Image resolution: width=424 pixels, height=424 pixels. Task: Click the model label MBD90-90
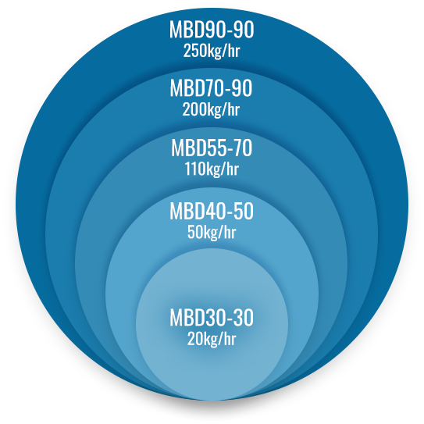point(212,30)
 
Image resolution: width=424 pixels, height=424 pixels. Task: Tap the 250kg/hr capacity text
point(212,51)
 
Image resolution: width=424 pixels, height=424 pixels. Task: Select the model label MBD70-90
point(211,88)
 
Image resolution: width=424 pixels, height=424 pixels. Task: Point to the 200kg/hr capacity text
point(211,110)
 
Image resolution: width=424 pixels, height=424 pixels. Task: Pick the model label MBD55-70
point(212,148)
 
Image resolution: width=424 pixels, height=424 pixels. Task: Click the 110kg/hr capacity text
point(212,169)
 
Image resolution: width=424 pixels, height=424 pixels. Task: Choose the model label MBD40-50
point(212,211)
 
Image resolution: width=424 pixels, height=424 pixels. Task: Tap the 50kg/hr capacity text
point(212,232)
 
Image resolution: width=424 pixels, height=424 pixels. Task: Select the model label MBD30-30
point(212,318)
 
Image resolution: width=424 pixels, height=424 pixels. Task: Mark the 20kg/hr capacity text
point(212,339)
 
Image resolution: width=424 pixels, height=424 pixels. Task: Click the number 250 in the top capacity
point(193,51)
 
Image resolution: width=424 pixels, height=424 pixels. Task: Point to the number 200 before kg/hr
point(192,109)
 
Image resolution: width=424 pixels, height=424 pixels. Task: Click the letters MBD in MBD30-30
point(186,318)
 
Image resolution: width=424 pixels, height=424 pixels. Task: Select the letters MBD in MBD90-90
point(186,30)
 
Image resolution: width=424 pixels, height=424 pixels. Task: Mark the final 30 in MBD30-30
point(244,318)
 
